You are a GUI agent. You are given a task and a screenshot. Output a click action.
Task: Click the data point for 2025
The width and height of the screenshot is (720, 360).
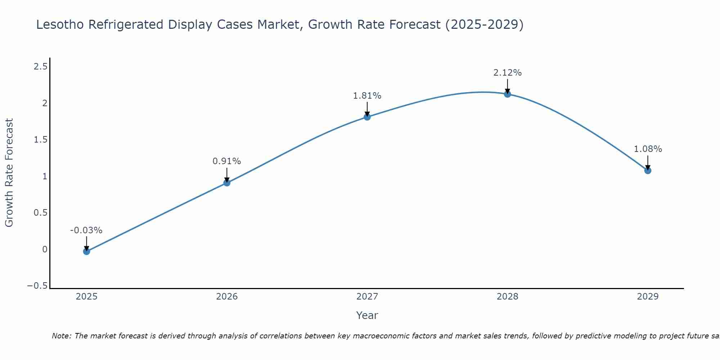86,251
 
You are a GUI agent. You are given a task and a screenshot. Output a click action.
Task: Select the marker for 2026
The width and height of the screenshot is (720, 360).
227,183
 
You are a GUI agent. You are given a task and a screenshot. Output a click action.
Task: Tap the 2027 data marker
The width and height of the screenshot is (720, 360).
367,117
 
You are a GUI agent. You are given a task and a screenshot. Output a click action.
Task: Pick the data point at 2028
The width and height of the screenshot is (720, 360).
508,94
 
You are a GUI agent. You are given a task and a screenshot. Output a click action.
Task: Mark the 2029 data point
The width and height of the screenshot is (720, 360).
648,171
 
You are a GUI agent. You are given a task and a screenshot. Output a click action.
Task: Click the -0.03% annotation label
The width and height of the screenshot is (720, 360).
86,230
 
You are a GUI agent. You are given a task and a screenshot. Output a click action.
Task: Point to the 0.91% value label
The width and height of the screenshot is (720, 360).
226,161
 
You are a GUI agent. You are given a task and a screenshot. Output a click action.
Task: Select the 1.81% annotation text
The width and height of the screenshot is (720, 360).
367,96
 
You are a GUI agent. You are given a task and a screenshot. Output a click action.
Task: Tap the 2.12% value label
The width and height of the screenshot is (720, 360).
507,73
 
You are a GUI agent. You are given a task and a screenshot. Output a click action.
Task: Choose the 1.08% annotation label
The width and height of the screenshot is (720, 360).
648,149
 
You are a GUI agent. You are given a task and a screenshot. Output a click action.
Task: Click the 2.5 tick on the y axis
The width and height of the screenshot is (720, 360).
40,67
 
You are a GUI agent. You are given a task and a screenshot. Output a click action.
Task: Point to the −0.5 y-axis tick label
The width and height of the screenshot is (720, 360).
37,286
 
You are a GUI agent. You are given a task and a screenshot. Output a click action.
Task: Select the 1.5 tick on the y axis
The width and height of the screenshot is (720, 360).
40,140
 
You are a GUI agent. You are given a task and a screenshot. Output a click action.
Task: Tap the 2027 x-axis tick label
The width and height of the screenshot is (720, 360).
367,297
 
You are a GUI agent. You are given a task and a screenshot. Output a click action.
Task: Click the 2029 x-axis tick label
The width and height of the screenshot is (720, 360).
648,297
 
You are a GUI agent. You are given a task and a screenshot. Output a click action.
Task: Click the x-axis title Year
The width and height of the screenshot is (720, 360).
367,315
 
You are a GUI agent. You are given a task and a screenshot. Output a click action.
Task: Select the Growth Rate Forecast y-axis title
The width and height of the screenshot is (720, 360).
9,173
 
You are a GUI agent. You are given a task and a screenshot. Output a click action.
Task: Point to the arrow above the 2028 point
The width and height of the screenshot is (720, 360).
508,86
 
